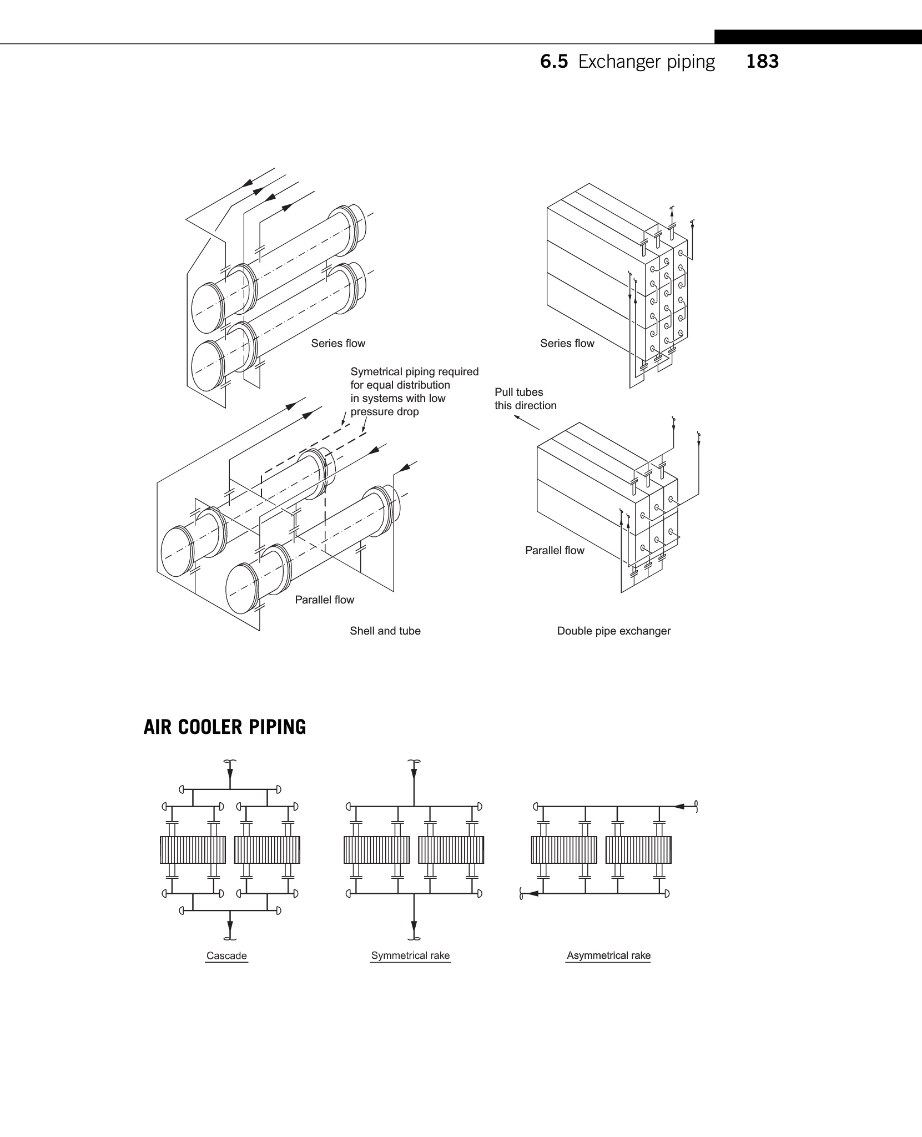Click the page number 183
pyautogui.click(x=762, y=61)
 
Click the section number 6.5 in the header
pyautogui.click(x=554, y=62)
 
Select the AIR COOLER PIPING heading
pyautogui.click(x=225, y=727)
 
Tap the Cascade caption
pyautogui.click(x=226, y=955)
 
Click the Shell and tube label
pyautogui.click(x=385, y=631)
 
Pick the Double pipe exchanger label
pyautogui.click(x=614, y=631)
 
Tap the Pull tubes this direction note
pyautogui.click(x=525, y=399)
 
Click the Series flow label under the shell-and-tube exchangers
pyautogui.click(x=338, y=343)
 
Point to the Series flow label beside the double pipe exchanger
pyautogui.click(x=567, y=343)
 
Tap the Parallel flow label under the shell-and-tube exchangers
pyautogui.click(x=324, y=600)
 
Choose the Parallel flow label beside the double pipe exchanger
pyautogui.click(x=555, y=550)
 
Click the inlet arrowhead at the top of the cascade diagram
pyautogui.click(x=230, y=774)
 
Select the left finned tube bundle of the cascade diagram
pyautogui.click(x=193, y=850)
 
